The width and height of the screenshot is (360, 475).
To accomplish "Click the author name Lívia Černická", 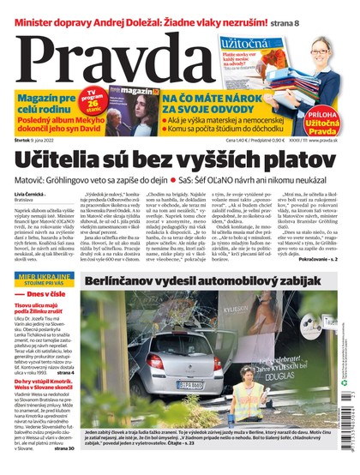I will tap(32, 195).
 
